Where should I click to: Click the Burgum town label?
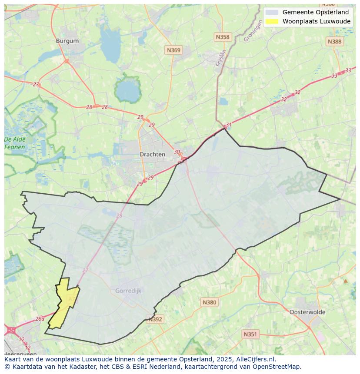pos(67,41)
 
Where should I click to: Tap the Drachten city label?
pos(152,154)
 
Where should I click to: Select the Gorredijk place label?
pos(128,291)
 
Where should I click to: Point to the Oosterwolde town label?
pos(307,312)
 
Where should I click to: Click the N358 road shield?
pos(222,37)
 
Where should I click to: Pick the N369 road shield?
pos(173,50)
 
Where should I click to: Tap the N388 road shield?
pos(334,41)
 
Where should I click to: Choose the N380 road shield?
pos(209,302)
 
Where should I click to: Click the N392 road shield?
pos(155,319)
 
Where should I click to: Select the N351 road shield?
pos(250,334)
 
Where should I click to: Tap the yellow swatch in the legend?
pos(272,21)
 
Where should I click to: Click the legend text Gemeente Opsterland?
pos(315,12)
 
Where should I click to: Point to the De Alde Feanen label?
pos(15,143)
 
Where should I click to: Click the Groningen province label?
pos(253,33)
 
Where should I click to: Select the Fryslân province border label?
pos(221,58)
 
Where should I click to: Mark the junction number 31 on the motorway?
pos(229,125)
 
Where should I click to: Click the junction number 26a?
pos(40,318)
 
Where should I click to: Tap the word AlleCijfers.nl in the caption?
pos(256,359)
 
